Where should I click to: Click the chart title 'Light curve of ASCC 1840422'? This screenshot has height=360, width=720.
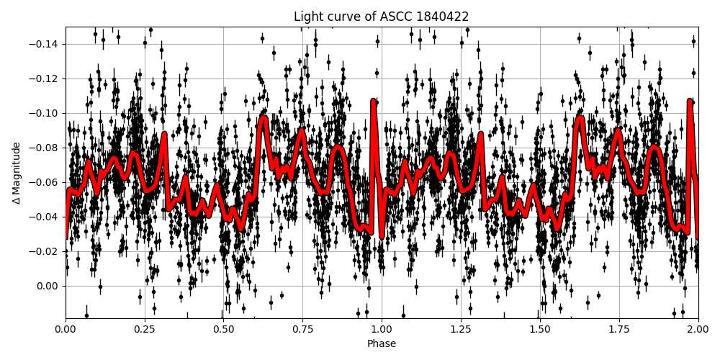(381, 17)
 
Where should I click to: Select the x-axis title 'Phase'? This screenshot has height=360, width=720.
(381, 344)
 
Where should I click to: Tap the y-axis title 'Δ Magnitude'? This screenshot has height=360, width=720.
(16, 173)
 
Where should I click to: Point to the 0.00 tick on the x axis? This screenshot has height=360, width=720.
(66, 330)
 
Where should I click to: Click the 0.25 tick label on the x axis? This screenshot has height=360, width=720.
(145, 330)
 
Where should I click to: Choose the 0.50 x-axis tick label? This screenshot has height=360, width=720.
(223, 330)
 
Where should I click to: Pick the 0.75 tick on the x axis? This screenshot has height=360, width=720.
(302, 330)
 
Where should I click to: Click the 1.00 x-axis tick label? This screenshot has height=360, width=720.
(382, 330)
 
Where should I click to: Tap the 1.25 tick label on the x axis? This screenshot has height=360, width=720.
(461, 330)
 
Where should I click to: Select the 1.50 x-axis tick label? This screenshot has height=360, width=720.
(539, 330)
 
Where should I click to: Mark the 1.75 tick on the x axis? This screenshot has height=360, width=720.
(618, 330)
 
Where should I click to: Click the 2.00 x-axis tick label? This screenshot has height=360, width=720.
(698, 330)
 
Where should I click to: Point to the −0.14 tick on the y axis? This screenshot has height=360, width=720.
(45, 44)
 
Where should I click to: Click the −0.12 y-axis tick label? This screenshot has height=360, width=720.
(45, 78)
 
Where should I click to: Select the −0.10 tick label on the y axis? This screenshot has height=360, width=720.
(45, 113)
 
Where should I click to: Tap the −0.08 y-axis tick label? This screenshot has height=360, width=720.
(45, 148)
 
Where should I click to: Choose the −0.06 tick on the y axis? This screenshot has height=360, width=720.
(45, 182)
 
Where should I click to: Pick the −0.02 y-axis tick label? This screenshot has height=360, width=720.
(45, 251)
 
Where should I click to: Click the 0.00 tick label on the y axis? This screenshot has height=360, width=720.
(48, 286)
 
